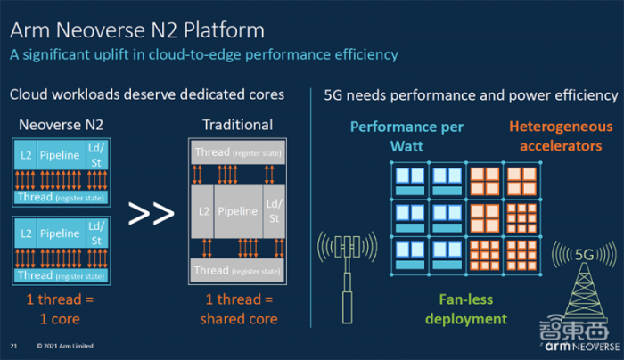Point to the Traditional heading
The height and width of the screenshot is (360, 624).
coord(236,125)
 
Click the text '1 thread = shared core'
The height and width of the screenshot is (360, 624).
coord(236,310)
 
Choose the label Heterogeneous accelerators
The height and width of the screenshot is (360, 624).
coord(555,135)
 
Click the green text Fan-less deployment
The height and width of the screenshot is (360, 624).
coord(466,309)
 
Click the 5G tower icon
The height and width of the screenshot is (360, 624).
coord(585,285)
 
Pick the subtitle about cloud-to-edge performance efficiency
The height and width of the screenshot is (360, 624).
coord(203,54)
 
